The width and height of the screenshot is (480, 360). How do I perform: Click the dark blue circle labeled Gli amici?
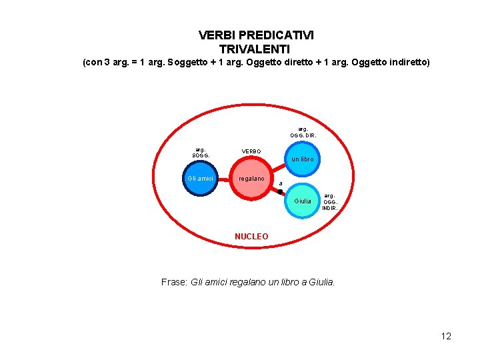(200, 179)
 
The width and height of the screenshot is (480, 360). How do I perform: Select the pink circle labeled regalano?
(252, 179)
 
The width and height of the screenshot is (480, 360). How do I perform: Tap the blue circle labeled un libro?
(303, 159)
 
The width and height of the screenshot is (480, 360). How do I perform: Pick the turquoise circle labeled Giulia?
(303, 201)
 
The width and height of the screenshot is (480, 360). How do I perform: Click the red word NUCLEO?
(251, 237)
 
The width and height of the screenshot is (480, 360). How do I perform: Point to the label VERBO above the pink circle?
(251, 151)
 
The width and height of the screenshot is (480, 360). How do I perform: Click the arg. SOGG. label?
(199, 153)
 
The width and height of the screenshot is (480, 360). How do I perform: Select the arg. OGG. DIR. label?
(303, 132)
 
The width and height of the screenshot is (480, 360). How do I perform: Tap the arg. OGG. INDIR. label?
(330, 202)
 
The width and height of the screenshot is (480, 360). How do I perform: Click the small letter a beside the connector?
(281, 183)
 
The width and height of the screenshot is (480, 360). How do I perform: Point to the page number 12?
(446, 336)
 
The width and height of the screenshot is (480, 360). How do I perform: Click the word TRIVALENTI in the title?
(254, 49)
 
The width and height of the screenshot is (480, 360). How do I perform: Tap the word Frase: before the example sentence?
(175, 282)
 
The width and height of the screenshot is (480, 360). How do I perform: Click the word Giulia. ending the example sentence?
(323, 282)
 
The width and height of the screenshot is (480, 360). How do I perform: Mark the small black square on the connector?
(280, 192)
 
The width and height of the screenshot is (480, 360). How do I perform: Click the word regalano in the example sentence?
(251, 282)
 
